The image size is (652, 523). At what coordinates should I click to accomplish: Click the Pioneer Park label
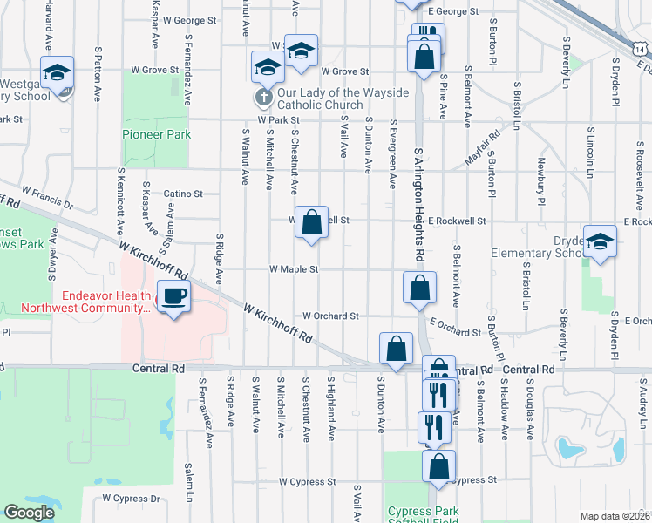(156, 135)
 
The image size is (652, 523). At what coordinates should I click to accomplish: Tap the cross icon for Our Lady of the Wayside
(262, 96)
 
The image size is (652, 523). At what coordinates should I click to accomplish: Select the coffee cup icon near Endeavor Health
(173, 296)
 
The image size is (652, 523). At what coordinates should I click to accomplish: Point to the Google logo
(29, 513)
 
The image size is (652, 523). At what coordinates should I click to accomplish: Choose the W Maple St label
(294, 270)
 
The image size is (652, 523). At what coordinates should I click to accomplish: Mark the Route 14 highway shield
(642, 51)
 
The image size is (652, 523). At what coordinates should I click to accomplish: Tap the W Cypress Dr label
(131, 499)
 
